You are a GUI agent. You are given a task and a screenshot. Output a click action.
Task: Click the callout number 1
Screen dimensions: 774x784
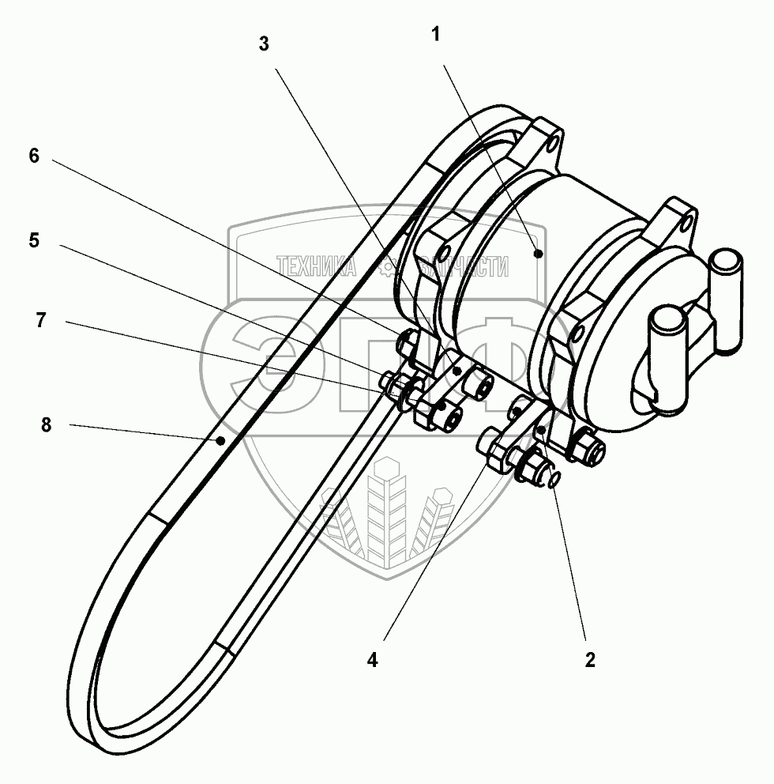437,35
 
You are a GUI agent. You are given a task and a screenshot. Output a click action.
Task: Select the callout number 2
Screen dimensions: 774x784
589,660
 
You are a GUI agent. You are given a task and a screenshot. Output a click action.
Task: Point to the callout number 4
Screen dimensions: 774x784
372,660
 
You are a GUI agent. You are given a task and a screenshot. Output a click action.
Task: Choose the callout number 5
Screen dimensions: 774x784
33,240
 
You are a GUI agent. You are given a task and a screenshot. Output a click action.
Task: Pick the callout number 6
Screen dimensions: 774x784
33,156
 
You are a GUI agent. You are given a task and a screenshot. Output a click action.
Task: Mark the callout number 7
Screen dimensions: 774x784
40,320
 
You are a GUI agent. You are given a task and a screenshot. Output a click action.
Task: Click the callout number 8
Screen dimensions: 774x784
45,424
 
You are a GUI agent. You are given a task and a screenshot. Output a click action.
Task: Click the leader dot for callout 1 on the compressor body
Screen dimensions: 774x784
538,254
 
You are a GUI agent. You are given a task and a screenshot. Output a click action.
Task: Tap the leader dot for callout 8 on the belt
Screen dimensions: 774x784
223,439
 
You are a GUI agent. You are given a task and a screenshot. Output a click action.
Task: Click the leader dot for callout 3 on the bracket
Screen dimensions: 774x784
457,370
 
